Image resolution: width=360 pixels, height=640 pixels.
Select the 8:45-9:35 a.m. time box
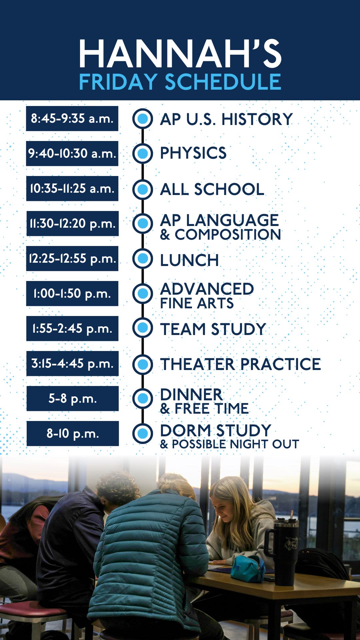[x=72, y=118]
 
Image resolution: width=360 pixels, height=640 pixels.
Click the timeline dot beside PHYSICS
[x=143, y=153]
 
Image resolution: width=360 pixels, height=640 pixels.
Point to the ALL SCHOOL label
[x=212, y=189]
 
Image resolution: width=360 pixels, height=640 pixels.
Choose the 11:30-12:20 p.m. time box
[x=72, y=223]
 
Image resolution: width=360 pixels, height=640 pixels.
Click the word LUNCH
[x=189, y=260]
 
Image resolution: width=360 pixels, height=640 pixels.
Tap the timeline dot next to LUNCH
[x=143, y=258]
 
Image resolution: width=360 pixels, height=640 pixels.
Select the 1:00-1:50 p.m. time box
[x=72, y=293]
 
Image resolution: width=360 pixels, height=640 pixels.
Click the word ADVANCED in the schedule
[x=207, y=289]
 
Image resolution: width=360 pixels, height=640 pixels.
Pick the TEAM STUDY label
[x=213, y=329]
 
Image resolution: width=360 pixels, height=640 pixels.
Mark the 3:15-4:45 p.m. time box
[x=72, y=363]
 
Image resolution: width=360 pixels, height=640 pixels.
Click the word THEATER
[x=198, y=364]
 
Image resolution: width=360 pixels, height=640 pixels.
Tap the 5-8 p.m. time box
[x=72, y=398]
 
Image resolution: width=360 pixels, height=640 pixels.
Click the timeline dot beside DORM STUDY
[x=143, y=433]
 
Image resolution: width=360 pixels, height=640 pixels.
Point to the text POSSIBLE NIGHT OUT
[x=235, y=444]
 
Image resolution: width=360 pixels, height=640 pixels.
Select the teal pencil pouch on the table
[x=248, y=568]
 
